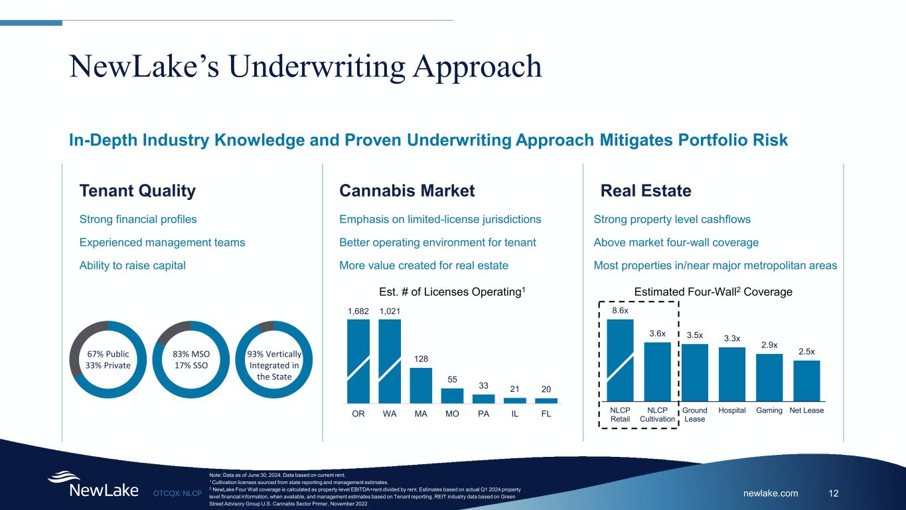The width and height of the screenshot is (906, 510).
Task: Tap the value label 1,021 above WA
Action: pos(390,310)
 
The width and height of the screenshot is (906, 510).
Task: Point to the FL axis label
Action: pos(546,413)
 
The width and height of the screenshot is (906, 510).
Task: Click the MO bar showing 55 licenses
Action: pos(452,395)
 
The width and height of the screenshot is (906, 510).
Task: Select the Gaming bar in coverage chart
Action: pos(769,377)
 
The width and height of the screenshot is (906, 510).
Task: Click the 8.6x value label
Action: pos(620,309)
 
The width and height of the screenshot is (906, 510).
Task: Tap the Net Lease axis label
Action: pos(806,410)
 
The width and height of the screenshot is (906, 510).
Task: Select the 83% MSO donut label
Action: pos(190,359)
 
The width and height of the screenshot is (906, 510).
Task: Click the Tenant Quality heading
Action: pos(137,191)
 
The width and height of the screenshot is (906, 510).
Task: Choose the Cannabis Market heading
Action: pos(407,191)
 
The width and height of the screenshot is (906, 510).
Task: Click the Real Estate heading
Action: pos(646,191)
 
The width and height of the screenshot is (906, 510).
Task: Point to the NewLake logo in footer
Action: pos(93,485)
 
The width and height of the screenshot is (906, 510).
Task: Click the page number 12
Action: pos(834,493)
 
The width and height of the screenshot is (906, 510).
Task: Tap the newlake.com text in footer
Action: pos(771,493)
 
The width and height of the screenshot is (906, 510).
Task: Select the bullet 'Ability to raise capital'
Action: pos(132,265)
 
